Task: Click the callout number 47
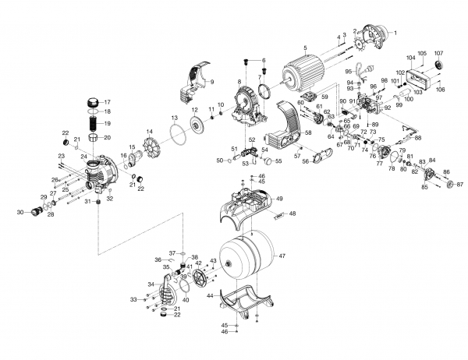coord(282,256)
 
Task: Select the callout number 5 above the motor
coord(305,50)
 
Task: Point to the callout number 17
coord(108,102)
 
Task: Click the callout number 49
coord(279,199)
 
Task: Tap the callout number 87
coord(459,185)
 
